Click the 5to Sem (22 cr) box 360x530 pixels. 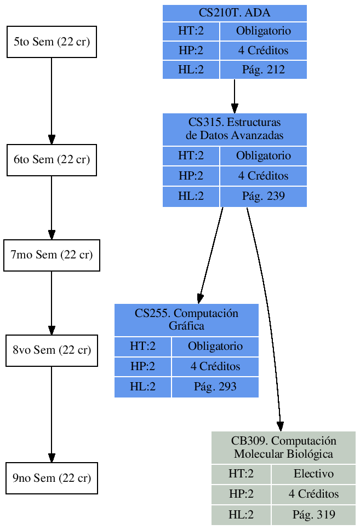52,42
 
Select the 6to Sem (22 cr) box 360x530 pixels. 52,160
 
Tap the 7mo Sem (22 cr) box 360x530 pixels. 52,255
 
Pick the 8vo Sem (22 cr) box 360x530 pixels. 52,350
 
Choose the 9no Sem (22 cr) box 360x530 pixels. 52,479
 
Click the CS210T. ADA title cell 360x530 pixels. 235,13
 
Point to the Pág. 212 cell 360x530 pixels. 263,70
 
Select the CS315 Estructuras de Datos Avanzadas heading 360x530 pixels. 235,129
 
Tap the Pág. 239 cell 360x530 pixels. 263,196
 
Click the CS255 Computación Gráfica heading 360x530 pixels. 186,320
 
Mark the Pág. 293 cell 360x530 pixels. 215,387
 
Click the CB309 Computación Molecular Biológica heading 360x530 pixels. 283,447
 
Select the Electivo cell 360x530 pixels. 313,474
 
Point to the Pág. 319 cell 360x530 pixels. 313,515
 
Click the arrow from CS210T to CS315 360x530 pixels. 235,96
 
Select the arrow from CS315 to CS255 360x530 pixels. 211,255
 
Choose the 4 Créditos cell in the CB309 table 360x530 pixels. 313,494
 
